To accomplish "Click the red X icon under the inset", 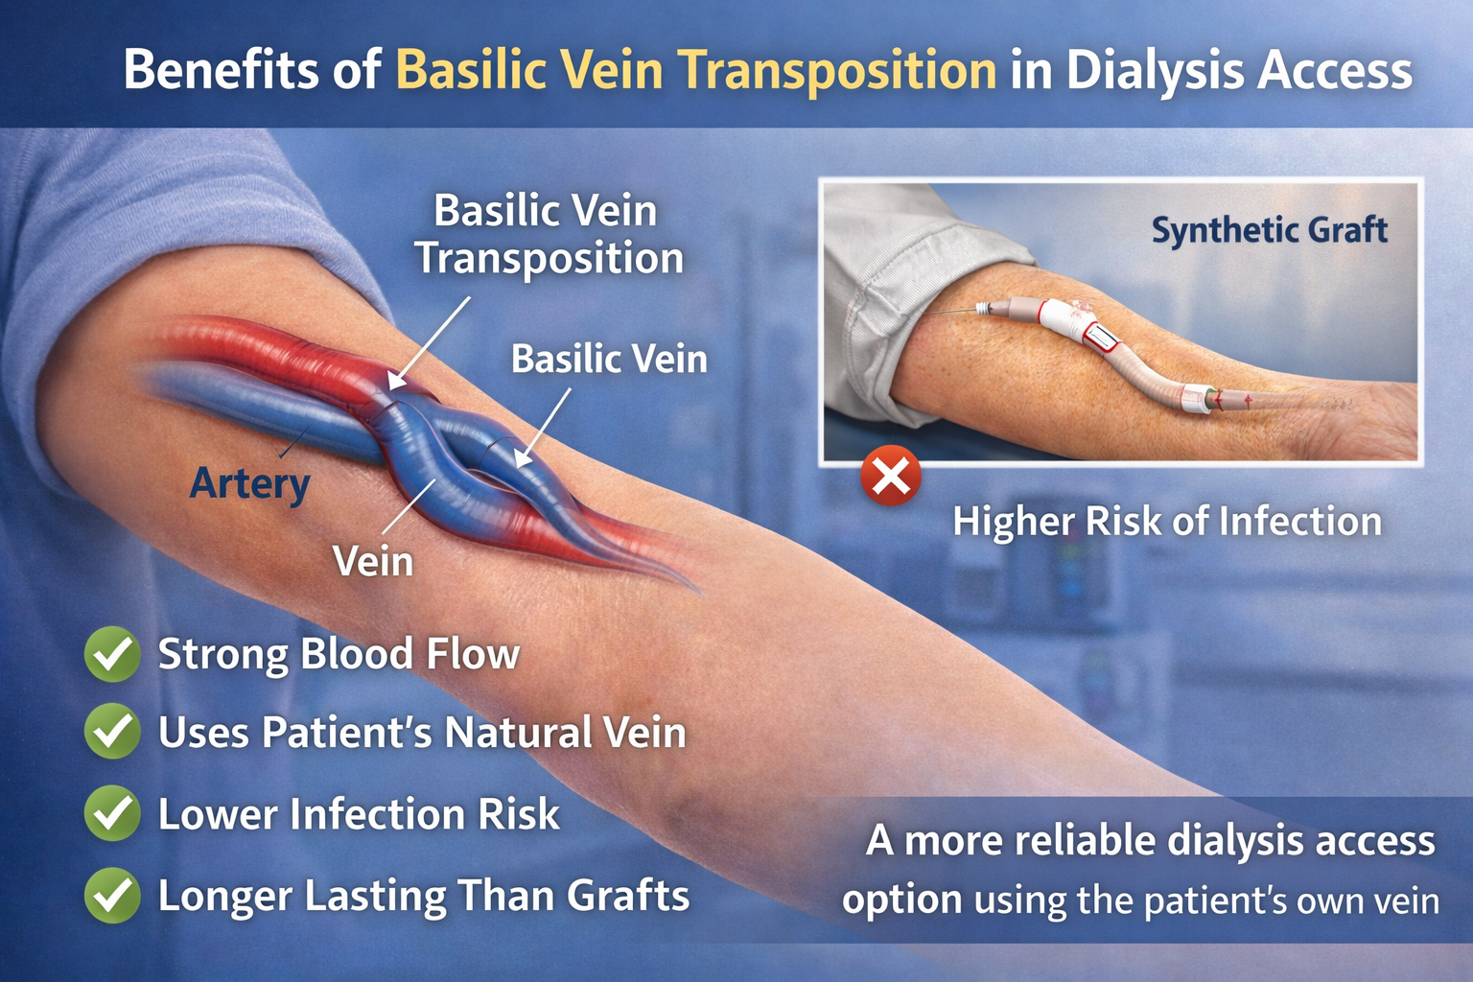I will coord(891,476).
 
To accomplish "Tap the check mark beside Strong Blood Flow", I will coord(113,654).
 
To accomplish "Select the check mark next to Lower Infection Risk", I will coord(113,813).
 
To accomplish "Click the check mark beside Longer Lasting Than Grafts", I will coord(113,895).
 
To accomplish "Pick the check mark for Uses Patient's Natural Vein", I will coord(113,732).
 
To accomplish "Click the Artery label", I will coord(249,482).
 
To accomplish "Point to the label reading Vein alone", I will coord(373,561).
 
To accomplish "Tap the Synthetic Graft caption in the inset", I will coord(1269,230).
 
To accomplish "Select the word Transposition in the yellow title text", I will coord(836,71).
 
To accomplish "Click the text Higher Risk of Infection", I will coord(1167,522).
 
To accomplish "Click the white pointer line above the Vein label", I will coord(408,506).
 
